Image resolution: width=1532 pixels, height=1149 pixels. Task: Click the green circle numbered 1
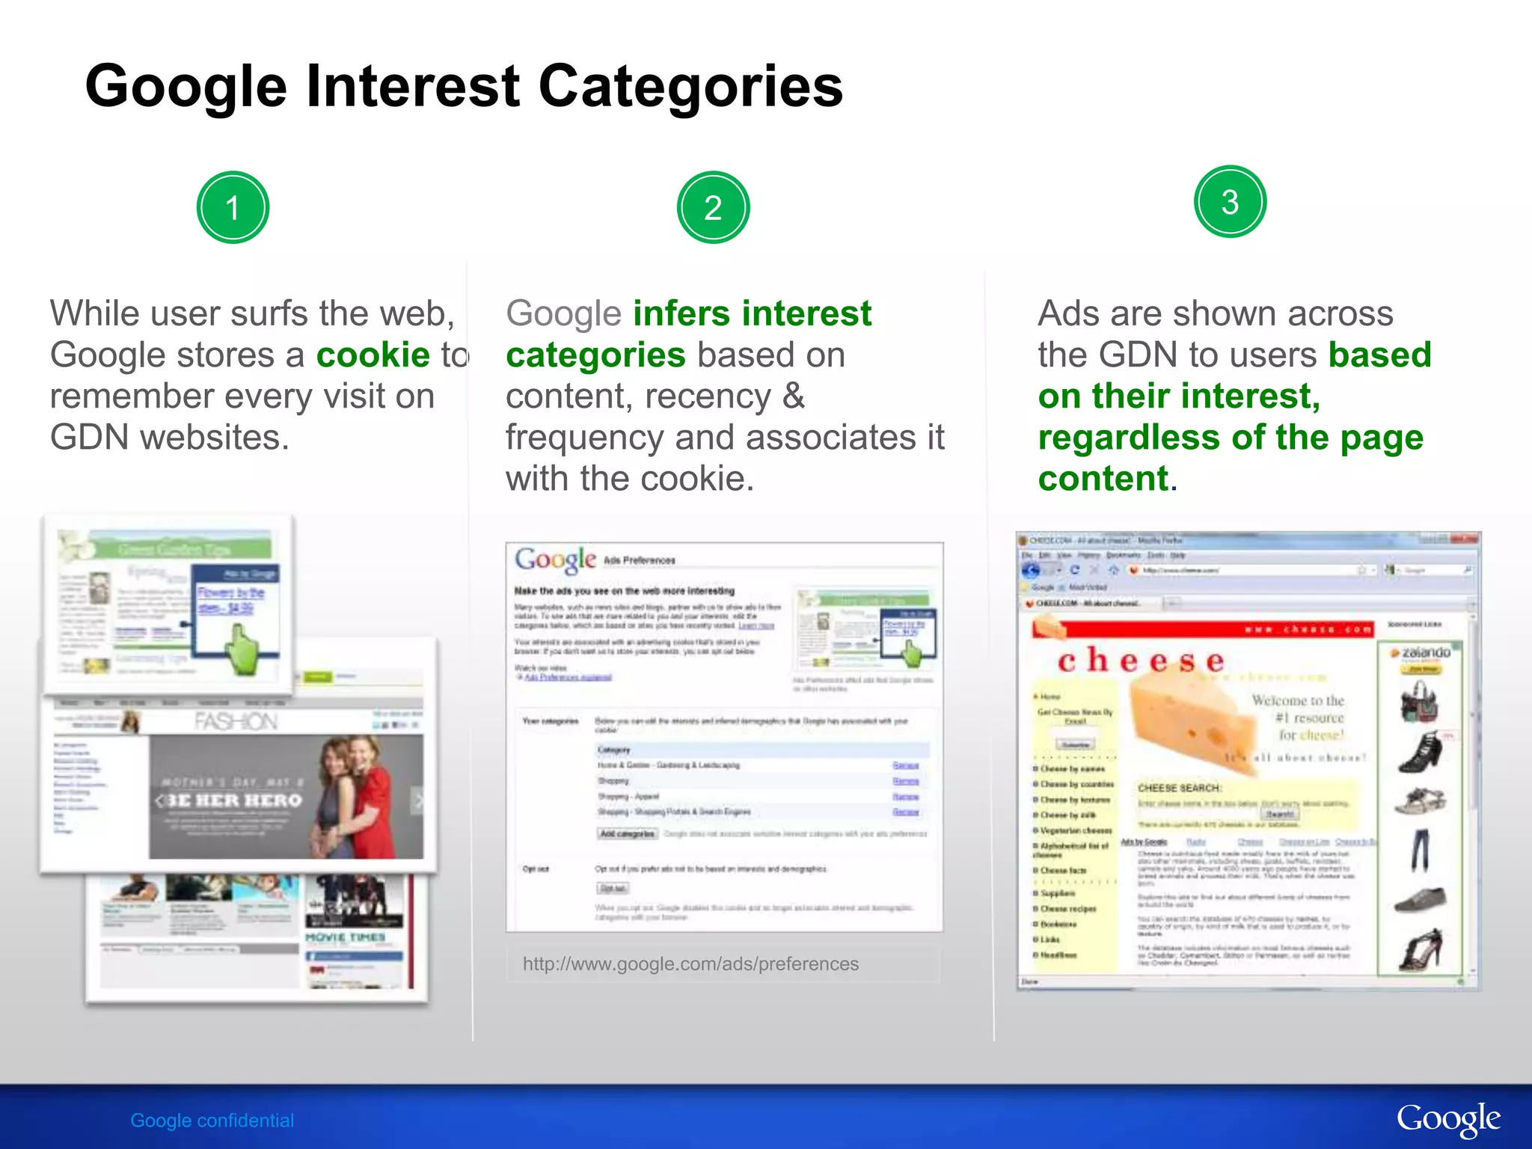[233, 207]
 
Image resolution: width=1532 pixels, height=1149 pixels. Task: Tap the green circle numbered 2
[713, 207]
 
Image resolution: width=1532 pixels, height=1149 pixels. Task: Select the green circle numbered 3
[1230, 201]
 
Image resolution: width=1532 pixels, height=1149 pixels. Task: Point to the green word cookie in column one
[373, 355]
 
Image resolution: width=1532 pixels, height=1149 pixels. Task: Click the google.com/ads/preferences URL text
[690, 963]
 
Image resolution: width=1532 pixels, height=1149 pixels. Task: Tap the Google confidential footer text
[212, 1121]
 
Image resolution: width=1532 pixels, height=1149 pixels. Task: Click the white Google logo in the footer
[1447, 1119]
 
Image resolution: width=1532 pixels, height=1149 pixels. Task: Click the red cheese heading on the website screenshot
[1141, 661]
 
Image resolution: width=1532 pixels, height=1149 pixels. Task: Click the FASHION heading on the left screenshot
[236, 721]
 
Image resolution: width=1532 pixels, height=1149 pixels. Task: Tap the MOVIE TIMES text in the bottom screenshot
[345, 937]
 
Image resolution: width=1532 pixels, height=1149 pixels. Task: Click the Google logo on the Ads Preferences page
[555, 560]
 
